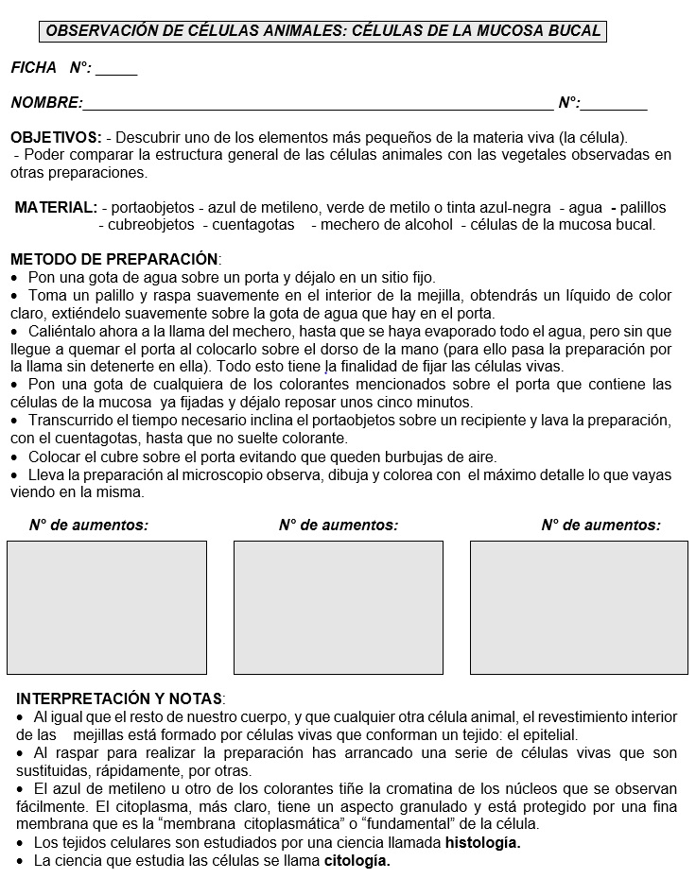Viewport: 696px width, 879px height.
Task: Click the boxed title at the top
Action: [x=323, y=31]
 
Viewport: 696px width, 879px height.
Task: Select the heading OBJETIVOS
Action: [x=56, y=137]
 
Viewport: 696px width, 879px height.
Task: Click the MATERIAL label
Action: [x=56, y=207]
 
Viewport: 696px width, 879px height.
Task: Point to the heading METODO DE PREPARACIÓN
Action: [x=114, y=259]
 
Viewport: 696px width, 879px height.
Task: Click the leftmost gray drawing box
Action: [x=106, y=606]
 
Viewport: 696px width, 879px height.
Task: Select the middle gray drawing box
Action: [x=338, y=606]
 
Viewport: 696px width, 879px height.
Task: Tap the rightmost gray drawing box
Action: [x=579, y=606]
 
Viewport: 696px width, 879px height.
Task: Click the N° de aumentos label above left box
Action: [x=89, y=525]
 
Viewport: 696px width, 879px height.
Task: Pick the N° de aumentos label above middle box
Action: [x=339, y=525]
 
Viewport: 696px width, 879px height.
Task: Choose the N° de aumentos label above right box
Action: [x=600, y=525]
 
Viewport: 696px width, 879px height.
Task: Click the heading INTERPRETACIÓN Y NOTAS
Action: [x=120, y=699]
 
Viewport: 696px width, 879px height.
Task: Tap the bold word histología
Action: [x=482, y=843]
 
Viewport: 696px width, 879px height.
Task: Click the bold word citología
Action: [x=357, y=861]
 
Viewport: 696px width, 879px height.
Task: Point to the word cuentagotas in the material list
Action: [x=252, y=225]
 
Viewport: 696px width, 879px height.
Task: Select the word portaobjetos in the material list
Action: [x=150, y=207]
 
